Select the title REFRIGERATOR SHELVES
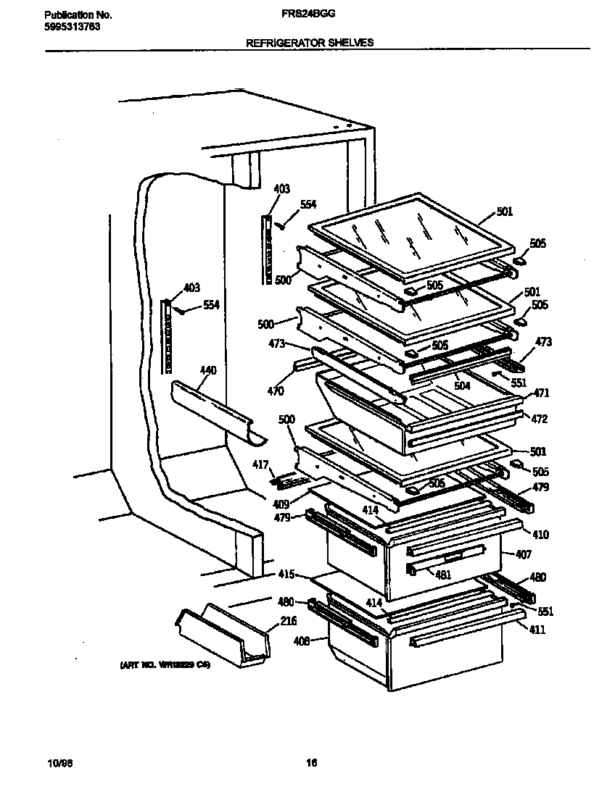[310, 43]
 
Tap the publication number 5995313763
[72, 27]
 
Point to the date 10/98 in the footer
[57, 763]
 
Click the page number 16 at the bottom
[311, 762]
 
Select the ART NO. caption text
[165, 664]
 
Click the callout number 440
[207, 371]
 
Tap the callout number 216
[289, 622]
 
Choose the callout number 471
[541, 393]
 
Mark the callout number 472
[540, 420]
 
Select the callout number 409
[281, 504]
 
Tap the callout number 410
[540, 535]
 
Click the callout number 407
[523, 555]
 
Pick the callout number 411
[537, 630]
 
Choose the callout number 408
[302, 640]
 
